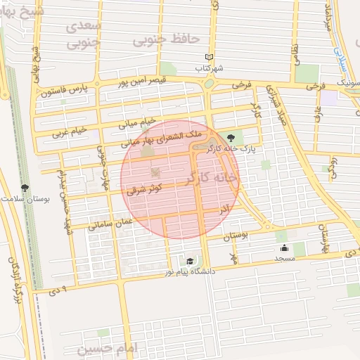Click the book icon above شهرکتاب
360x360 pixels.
pos(208,58)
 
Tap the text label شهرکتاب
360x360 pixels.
pos(210,69)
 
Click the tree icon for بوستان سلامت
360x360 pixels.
pos(25,188)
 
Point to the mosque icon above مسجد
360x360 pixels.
pos(284,248)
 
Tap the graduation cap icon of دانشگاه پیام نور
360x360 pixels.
pos(190,262)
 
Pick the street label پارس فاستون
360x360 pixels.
pos(66,91)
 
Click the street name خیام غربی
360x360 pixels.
pos(70,131)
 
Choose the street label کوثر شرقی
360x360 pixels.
pos(146,189)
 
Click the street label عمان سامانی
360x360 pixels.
pos(110,223)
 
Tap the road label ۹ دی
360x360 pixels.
pos(62,289)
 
